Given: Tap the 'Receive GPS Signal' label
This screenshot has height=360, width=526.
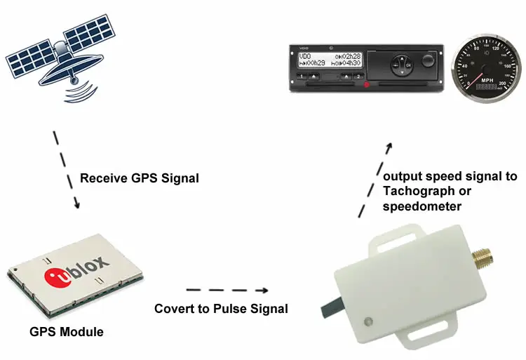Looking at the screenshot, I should (x=139, y=178).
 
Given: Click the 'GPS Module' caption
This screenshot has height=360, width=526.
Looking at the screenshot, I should (x=66, y=332).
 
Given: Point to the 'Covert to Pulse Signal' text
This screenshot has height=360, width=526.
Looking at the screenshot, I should (x=221, y=309).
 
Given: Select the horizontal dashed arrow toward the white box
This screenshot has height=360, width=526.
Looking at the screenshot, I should (x=228, y=290).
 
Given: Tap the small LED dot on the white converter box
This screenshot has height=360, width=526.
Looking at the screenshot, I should (x=367, y=321).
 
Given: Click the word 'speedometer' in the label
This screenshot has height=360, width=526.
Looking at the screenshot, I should (x=422, y=206).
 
